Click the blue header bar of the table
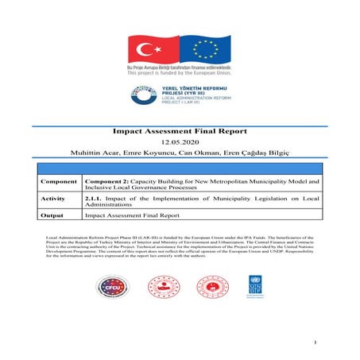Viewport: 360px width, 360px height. pos(179,168)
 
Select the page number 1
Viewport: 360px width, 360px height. pos(315,343)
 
